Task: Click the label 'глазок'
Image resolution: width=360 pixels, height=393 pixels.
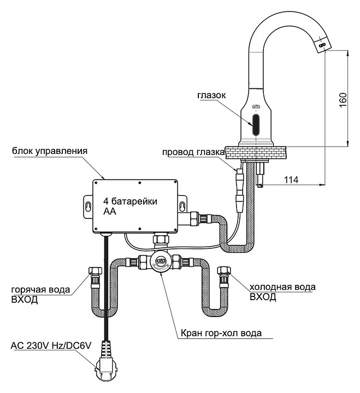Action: [211, 95]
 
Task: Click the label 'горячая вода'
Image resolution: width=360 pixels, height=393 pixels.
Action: [39, 290]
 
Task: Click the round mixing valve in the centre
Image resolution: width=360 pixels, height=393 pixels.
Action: [161, 263]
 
